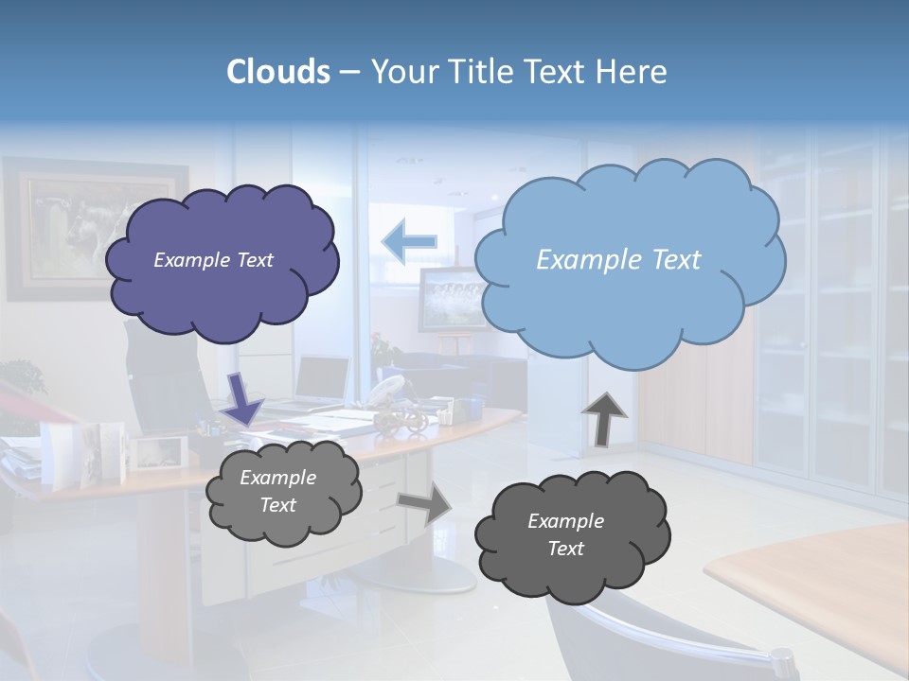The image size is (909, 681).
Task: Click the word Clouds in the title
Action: click(x=278, y=72)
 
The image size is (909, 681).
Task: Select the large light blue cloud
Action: click(x=629, y=303)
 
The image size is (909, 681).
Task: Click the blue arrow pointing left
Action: click(x=409, y=242)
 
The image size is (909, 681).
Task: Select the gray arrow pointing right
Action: click(x=425, y=503)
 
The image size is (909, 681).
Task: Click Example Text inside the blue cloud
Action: click(x=618, y=260)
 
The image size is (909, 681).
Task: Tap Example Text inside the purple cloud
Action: click(x=213, y=260)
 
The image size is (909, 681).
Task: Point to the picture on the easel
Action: click(x=447, y=298)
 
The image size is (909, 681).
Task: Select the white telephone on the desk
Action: click(x=387, y=388)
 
